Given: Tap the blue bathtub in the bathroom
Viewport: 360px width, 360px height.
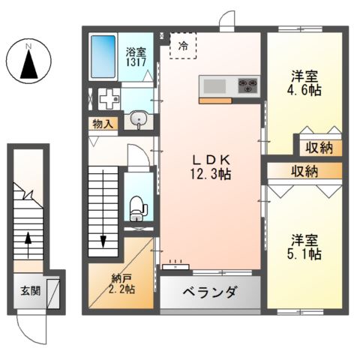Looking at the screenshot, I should tap(103, 57).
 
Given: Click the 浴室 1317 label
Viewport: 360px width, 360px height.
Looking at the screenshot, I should tap(136, 58).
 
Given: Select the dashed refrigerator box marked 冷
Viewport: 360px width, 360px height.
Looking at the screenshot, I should tap(183, 45).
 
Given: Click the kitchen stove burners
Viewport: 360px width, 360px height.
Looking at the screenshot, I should tap(248, 85).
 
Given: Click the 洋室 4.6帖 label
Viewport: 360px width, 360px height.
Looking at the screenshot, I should tap(306, 82).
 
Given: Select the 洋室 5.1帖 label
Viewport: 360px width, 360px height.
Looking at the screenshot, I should tap(306, 247).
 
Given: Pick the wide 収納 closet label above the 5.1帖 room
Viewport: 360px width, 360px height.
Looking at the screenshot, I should tap(304, 171).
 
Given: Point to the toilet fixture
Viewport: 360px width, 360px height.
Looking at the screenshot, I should tap(136, 205).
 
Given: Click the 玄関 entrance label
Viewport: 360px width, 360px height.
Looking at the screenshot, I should tap(30, 291).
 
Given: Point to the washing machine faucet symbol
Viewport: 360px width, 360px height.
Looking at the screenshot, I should tap(109, 97).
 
